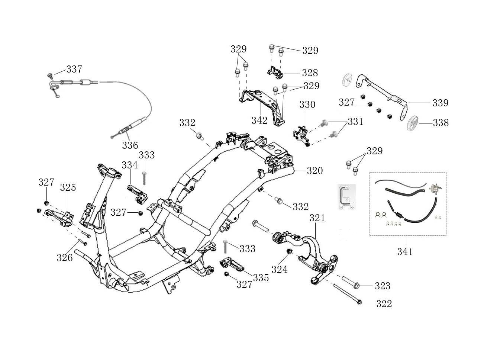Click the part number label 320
coord(315,171)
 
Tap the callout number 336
coord(130,145)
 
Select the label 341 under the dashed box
coord(405,252)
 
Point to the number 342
coord(259,120)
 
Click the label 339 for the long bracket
coord(441,103)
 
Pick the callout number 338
coord(441,123)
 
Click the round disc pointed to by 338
coord(412,123)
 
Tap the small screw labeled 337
coord(50,76)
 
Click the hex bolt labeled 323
coord(351,283)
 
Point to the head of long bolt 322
coord(359,302)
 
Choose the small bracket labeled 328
coord(275,72)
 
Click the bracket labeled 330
coord(302,136)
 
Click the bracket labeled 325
coord(59,218)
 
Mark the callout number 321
coord(317,218)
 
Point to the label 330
coord(307,105)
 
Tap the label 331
coord(356,122)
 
